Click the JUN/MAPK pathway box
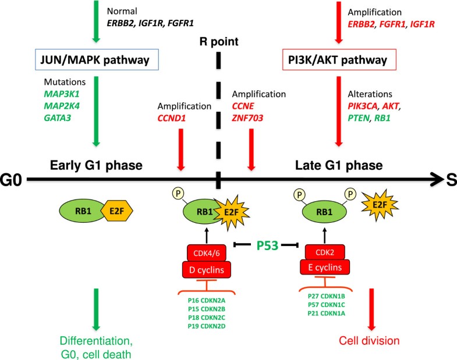(97, 59)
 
